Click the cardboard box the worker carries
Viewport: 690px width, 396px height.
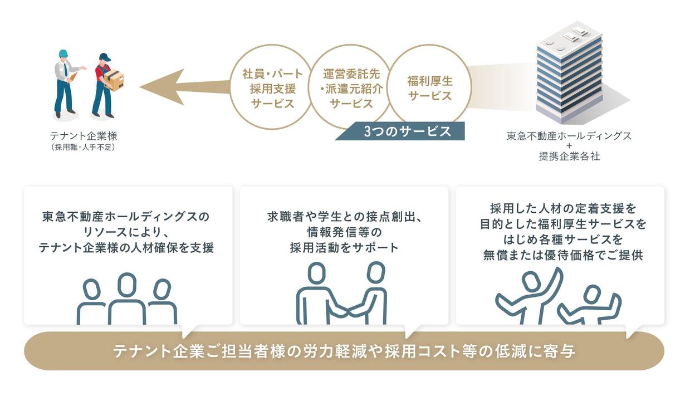pos(115,80)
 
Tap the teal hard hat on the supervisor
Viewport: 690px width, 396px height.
pos(63,53)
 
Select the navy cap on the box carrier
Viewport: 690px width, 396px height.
pos(105,57)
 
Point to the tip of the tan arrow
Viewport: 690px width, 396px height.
pos(140,87)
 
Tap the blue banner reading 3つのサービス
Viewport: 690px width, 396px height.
pos(400,131)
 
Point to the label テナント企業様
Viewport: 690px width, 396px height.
pos(84,136)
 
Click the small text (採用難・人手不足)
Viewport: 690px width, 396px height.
pos(84,147)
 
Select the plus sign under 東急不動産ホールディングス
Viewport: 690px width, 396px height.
pos(569,146)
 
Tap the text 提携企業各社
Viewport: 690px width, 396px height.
pos(569,157)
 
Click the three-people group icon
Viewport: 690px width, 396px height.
pos(127,299)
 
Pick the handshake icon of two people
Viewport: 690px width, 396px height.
pos(341,294)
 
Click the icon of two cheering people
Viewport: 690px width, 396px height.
pos(558,296)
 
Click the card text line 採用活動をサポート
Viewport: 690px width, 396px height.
pos(344,247)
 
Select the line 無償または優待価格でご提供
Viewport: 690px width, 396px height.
pos(563,255)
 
